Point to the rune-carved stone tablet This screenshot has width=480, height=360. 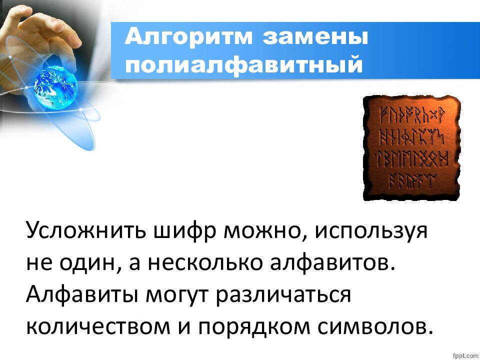pyautogui.click(x=411, y=147)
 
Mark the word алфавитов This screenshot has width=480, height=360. pyautogui.click(x=330, y=263)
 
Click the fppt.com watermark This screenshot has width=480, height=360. pyautogui.click(x=464, y=354)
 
